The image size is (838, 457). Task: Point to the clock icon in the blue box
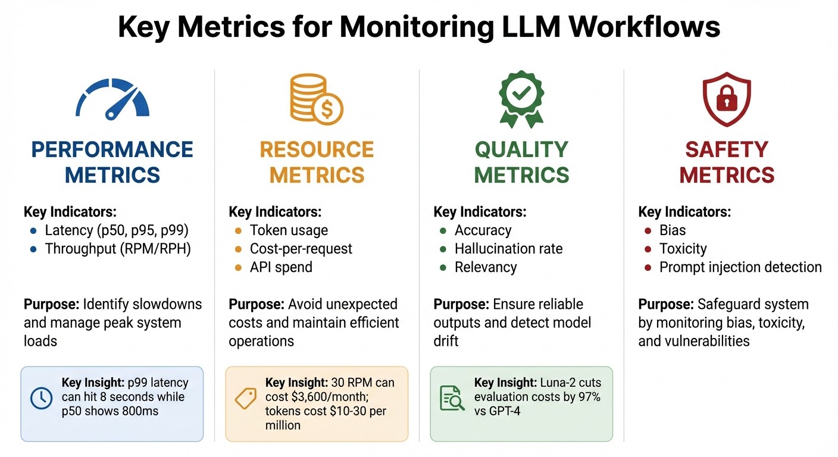point(41,399)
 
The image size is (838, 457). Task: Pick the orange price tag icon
point(246,399)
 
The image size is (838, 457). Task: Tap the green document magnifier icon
point(452,399)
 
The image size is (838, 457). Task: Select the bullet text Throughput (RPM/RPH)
point(118,249)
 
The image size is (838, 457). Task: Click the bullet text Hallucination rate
point(508,249)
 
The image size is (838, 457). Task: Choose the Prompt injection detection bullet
point(740,267)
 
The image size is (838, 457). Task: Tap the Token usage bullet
point(289,230)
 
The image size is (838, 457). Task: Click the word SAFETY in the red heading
point(727,149)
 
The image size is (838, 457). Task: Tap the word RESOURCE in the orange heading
point(317,149)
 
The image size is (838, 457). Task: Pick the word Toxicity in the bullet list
point(683,249)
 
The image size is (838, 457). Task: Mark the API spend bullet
point(281,267)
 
